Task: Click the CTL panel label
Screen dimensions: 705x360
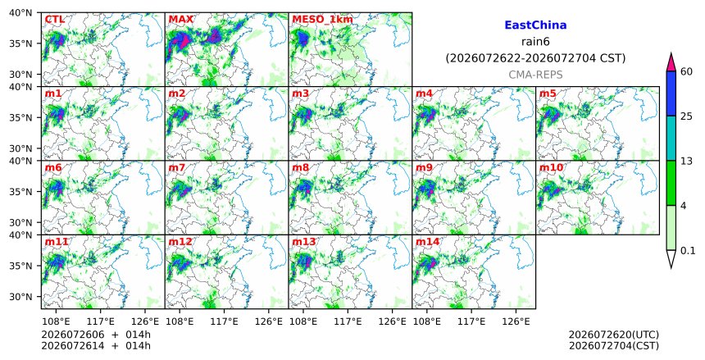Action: (x=54, y=20)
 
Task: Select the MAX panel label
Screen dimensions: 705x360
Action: (x=180, y=20)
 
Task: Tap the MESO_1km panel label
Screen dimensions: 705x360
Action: (x=322, y=20)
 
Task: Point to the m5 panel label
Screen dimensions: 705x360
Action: (x=548, y=93)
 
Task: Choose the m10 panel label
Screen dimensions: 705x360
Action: (x=551, y=168)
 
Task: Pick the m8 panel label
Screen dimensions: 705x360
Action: (x=300, y=168)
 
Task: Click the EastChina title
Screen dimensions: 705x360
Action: (x=535, y=25)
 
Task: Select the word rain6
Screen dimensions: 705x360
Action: (x=535, y=42)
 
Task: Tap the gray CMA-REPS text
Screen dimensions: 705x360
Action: (x=535, y=75)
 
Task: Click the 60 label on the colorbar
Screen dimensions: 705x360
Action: (x=686, y=71)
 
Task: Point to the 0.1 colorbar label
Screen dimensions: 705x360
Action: (x=688, y=251)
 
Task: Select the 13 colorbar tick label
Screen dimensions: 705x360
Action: (x=686, y=161)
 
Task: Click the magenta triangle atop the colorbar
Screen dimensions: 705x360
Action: (x=671, y=63)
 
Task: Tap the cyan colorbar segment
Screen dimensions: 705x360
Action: (x=671, y=138)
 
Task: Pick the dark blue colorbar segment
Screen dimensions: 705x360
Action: (x=671, y=93)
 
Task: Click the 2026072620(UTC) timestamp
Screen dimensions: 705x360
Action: (x=614, y=335)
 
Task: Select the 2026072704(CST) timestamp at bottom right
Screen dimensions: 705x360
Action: (x=614, y=346)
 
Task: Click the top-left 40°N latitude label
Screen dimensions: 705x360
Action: (x=20, y=12)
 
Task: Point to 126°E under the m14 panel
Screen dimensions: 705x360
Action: (x=516, y=321)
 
